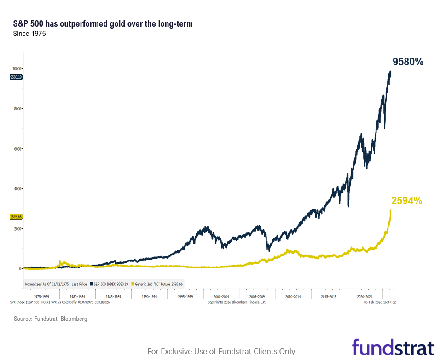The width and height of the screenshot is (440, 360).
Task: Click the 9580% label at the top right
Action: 407,62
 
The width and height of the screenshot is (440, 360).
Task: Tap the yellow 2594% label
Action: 406,201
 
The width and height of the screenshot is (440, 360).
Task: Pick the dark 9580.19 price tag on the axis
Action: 16,77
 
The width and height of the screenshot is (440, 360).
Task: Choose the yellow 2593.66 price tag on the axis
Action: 16,216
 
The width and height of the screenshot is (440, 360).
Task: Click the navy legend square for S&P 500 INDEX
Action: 91,284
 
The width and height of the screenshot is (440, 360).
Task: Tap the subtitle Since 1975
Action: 29,34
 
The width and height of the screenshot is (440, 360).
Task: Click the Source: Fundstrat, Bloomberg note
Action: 50,319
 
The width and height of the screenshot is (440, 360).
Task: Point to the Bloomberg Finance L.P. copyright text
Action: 237,302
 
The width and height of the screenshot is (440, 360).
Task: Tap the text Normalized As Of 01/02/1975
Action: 46,284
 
